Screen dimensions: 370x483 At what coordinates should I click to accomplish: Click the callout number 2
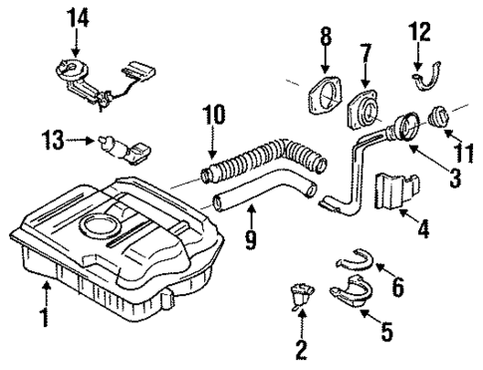click(x=301, y=349)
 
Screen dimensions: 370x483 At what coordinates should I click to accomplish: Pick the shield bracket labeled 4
click(x=395, y=194)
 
